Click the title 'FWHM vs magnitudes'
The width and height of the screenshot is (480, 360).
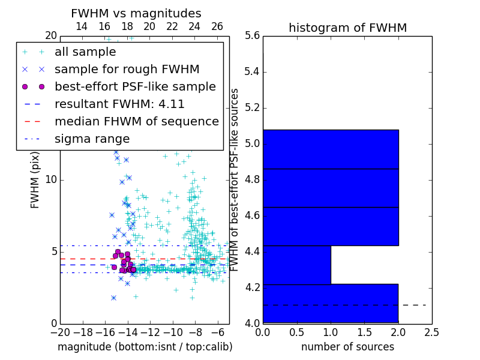pyautogui.click(x=136, y=13)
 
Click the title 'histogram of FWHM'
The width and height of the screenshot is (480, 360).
pyautogui.click(x=347, y=28)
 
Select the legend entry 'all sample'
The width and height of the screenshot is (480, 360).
pyautogui.click(x=85, y=52)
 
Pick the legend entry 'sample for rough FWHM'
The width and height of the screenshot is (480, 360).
pyautogui.click(x=127, y=69)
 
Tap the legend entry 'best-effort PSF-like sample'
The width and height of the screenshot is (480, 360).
pyautogui.click(x=135, y=86)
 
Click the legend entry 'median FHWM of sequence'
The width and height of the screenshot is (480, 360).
pyautogui.click(x=136, y=121)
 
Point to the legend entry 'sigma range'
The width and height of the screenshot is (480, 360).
pyautogui.click(x=92, y=139)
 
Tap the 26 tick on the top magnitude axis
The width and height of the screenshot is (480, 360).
pyautogui.click(x=217, y=26)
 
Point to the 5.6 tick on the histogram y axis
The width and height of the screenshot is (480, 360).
pyautogui.click(x=252, y=36)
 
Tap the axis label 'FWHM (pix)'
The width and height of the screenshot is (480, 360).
pyautogui.click(x=35, y=180)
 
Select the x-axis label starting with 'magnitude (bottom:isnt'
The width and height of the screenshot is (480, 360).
pyautogui.click(x=145, y=347)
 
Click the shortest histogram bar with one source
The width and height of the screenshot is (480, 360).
pyautogui.click(x=296, y=265)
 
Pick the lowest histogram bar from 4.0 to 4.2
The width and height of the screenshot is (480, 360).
pyautogui.click(x=331, y=304)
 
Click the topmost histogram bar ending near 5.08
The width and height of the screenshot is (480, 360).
pyautogui.click(x=331, y=149)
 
